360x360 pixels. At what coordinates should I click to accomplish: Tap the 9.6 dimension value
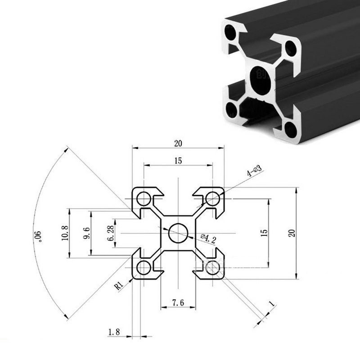[x=87, y=233]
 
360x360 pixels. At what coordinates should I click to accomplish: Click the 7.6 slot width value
[x=178, y=303]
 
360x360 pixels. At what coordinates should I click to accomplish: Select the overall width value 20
[x=178, y=144]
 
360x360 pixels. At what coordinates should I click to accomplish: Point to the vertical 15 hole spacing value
[x=264, y=233]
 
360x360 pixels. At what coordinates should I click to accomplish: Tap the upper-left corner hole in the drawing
[x=144, y=198]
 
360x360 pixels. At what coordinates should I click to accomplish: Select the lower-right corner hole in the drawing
[x=212, y=268]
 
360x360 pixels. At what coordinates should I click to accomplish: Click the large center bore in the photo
[x=261, y=80]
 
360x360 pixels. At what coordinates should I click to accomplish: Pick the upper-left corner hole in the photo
[x=231, y=34]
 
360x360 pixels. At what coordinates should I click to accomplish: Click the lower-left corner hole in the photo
[x=232, y=109]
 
